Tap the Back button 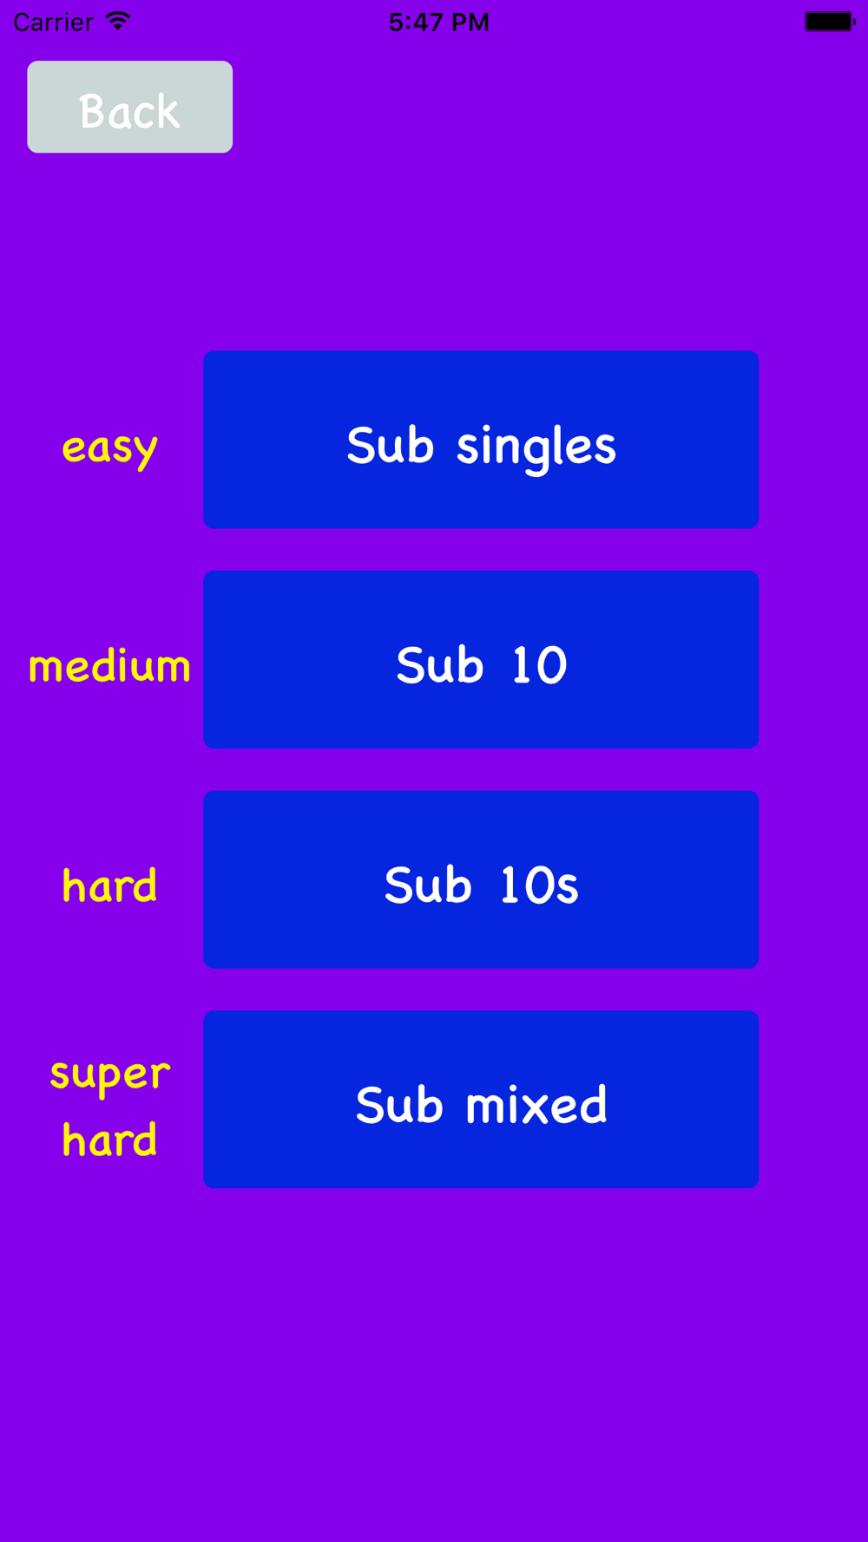[129, 107]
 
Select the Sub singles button [481, 440]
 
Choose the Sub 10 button [481, 659]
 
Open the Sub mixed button [481, 1099]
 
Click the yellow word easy [109, 448]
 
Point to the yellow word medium [109, 666]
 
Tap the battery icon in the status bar [830, 22]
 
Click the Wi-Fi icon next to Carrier [117, 21]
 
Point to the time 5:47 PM [439, 22]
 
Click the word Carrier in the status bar [53, 22]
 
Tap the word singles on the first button [536, 448]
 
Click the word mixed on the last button [536, 1105]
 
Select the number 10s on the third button [539, 885]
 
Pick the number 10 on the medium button [539, 665]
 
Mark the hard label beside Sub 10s [109, 885]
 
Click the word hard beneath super [109, 1139]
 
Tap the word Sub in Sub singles [390, 445]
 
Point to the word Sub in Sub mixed [399, 1105]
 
